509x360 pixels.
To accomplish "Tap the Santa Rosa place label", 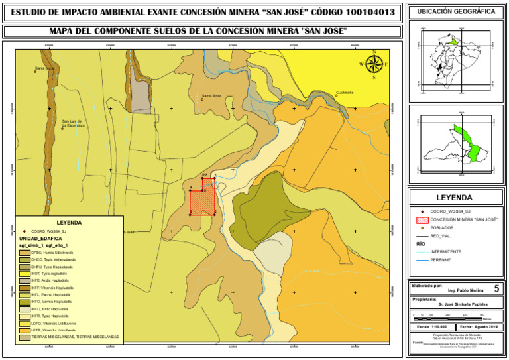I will pos(211,96).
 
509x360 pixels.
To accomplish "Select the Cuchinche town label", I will pos(349,92).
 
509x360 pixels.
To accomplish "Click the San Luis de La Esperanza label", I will pos(74,123).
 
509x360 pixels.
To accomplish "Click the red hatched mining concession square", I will pos(202,196).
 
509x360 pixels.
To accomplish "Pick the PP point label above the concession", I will pos(204,176).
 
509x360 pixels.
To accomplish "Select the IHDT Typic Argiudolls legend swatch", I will pos(25,274).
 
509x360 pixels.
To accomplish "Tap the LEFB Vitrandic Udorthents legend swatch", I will pos(25,330).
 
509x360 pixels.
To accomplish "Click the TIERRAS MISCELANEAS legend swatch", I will pos(25,337).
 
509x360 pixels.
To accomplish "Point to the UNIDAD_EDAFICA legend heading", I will pos(40,238).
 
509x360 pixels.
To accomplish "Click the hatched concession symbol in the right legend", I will pos(422,219).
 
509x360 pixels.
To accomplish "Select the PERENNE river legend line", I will pos(422,260).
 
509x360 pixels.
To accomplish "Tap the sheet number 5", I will pos(496,288).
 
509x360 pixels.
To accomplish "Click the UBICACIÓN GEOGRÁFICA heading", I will pos(458,12).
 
